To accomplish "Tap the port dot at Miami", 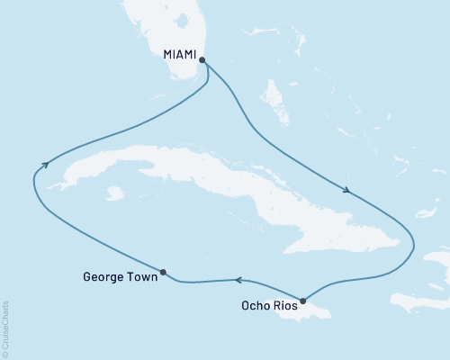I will point(202,61).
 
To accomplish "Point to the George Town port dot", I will point(163,272).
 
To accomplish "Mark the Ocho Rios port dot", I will point(303,301).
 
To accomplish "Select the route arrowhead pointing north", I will point(43,162).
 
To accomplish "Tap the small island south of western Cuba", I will point(113,193).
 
